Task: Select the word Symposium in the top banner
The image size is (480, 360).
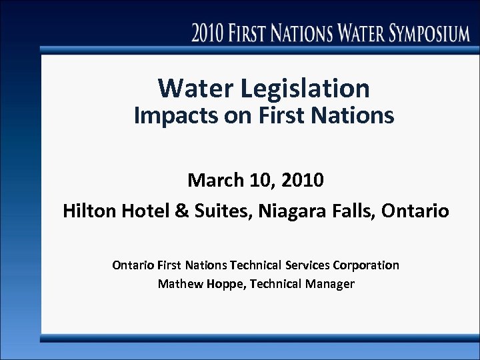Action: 422,33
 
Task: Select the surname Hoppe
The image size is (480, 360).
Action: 222,284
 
